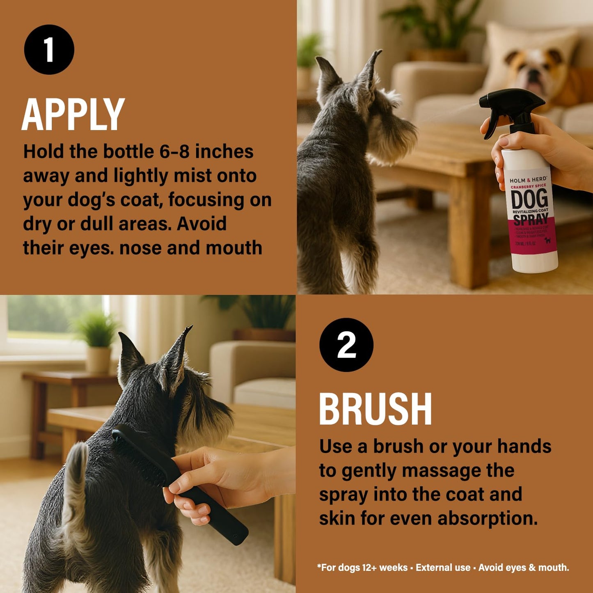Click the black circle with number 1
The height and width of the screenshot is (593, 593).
pos(49,50)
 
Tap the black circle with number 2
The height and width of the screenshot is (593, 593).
pos(346,345)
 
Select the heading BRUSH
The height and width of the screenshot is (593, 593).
pos(375,409)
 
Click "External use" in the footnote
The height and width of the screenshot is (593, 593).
pos(443,568)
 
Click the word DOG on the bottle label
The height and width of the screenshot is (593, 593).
pos(529,199)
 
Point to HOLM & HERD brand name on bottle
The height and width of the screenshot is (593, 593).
pos(528,180)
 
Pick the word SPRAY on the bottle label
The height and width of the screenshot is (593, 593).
pos(531,220)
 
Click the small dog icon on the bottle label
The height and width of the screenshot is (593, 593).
pos(547,240)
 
